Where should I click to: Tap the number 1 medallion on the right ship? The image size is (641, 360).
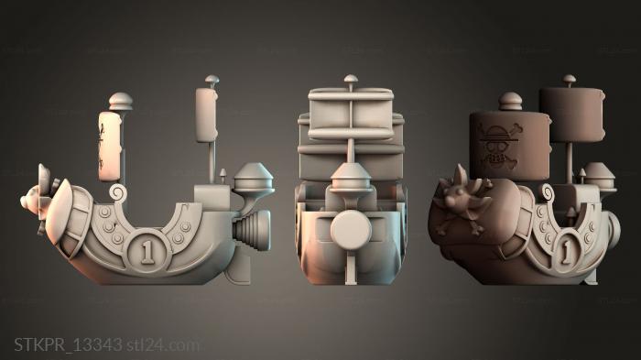coord(567,250)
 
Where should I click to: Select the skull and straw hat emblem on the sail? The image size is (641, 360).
coord(499,145)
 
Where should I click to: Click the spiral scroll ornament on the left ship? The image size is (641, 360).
coord(118,192)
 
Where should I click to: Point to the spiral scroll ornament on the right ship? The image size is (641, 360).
coord(548,192)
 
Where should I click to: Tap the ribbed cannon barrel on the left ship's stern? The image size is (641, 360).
coord(251,230)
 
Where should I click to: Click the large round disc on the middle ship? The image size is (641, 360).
coord(351,230)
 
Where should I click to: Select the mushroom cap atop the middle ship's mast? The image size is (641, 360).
coord(351,79)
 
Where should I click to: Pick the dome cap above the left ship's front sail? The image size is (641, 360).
coord(121,101)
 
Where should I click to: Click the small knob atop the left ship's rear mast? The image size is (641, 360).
coord(212,80)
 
